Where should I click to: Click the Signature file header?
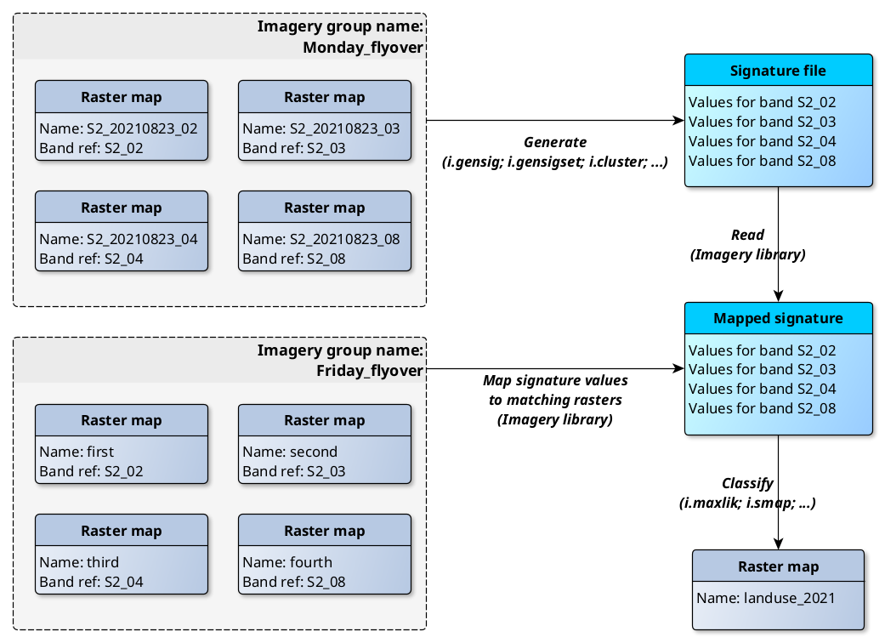(x=778, y=71)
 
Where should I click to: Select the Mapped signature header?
(x=778, y=319)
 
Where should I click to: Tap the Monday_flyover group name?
(x=363, y=48)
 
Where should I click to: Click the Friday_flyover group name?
(x=370, y=371)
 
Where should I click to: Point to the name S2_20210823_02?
(x=118, y=128)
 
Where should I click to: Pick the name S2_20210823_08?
(x=321, y=239)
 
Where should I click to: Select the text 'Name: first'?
(x=77, y=452)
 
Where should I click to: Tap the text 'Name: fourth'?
(x=287, y=562)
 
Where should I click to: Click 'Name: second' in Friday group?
(x=290, y=452)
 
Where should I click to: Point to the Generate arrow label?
(x=554, y=143)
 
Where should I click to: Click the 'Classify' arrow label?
(x=747, y=483)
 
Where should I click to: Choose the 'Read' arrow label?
(x=747, y=235)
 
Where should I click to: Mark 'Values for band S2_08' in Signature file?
(x=762, y=161)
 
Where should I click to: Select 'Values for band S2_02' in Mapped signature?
(x=762, y=350)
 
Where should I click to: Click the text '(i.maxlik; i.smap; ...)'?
(x=747, y=503)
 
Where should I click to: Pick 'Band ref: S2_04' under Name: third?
(x=91, y=582)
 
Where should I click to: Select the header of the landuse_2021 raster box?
(x=778, y=566)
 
